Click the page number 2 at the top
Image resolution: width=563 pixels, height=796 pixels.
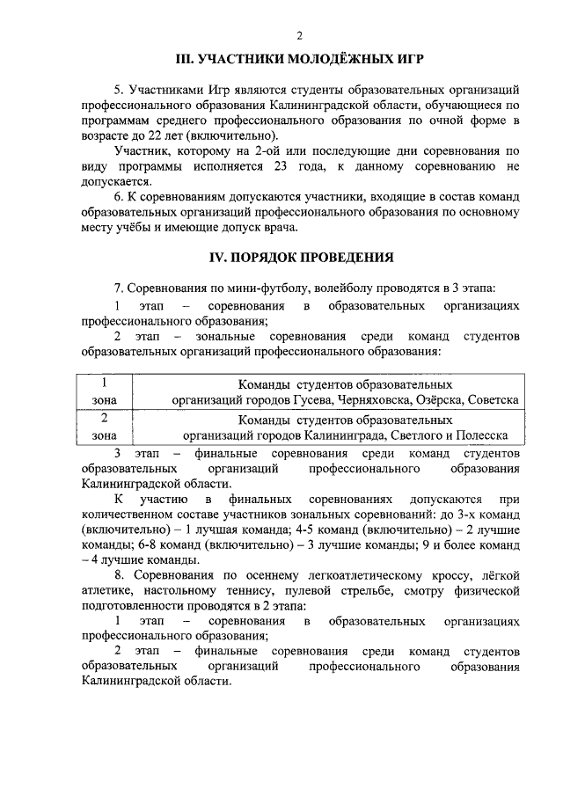pyautogui.click(x=299, y=35)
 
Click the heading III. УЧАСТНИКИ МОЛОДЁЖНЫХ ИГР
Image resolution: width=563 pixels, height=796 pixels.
pyautogui.click(x=299, y=60)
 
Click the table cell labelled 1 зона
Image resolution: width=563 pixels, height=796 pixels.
pyautogui.click(x=104, y=391)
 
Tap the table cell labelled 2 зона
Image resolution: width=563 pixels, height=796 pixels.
pyautogui.click(x=104, y=427)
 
